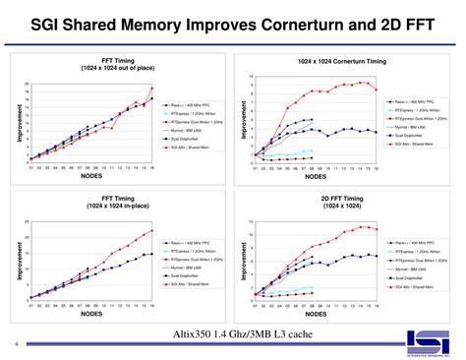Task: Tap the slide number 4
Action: pos(16,343)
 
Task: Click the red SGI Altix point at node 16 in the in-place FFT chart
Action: pos(152,231)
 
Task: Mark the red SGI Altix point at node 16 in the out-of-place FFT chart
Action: pos(152,89)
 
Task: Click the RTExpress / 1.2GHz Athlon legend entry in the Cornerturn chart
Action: pos(410,110)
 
